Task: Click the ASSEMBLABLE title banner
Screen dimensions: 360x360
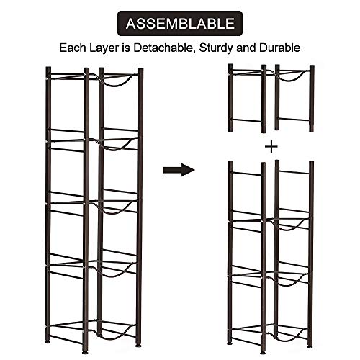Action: point(179,23)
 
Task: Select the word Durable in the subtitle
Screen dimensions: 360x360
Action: point(280,48)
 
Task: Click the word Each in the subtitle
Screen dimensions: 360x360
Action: point(73,48)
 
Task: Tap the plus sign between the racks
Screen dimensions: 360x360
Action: point(271,146)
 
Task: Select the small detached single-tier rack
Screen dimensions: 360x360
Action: point(271,98)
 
